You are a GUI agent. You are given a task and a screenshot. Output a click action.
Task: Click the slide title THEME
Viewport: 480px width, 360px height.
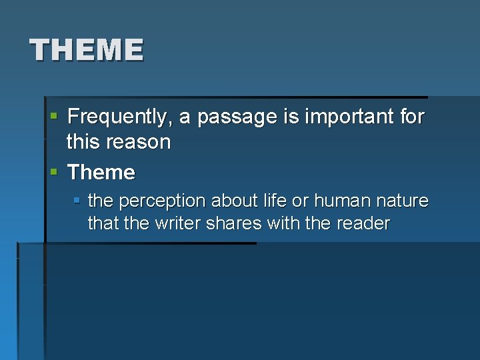coord(86,50)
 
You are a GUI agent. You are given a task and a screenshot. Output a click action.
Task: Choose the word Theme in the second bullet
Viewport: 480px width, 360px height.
coord(101,173)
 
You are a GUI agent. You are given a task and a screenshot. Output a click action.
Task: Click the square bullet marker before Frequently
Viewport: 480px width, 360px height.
coord(54,117)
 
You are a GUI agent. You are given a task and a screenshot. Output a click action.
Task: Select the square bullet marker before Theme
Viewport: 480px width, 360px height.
coord(54,172)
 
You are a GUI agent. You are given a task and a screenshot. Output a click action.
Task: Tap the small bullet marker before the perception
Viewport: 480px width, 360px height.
coord(77,200)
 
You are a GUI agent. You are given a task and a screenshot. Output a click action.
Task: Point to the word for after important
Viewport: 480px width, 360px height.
coord(413,117)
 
